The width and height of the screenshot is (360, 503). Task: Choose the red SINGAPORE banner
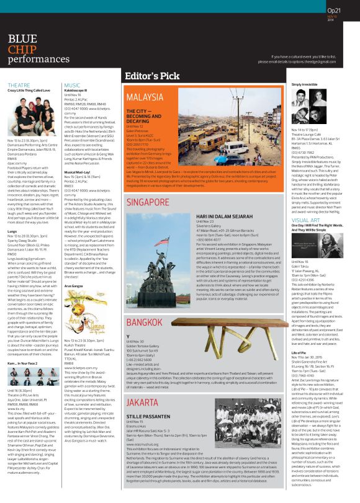[x=148, y=202]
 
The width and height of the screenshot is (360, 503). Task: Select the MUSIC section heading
[x=71, y=84]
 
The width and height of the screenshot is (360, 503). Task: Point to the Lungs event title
[x=12, y=231]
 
